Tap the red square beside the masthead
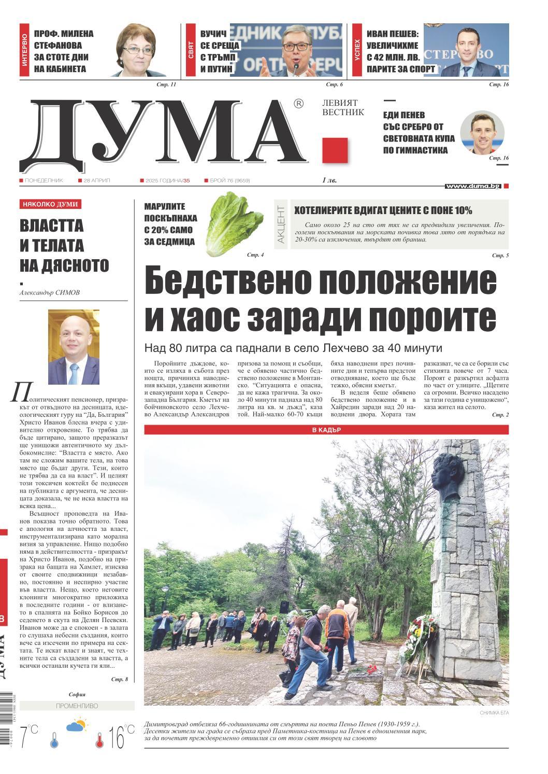tap(335, 150)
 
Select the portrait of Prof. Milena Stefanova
tap(138, 51)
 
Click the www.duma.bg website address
tap(473, 186)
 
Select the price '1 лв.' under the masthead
tap(330, 180)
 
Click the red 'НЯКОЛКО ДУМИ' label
tap(50, 204)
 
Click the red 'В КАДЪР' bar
tap(326, 430)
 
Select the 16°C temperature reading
tap(121, 737)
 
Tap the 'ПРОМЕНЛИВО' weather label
tap(77, 706)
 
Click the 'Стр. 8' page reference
tap(119, 679)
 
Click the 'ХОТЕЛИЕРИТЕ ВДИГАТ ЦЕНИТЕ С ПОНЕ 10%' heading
tap(383, 210)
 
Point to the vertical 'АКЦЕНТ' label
tap(281, 224)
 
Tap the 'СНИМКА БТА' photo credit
tap(494, 713)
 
